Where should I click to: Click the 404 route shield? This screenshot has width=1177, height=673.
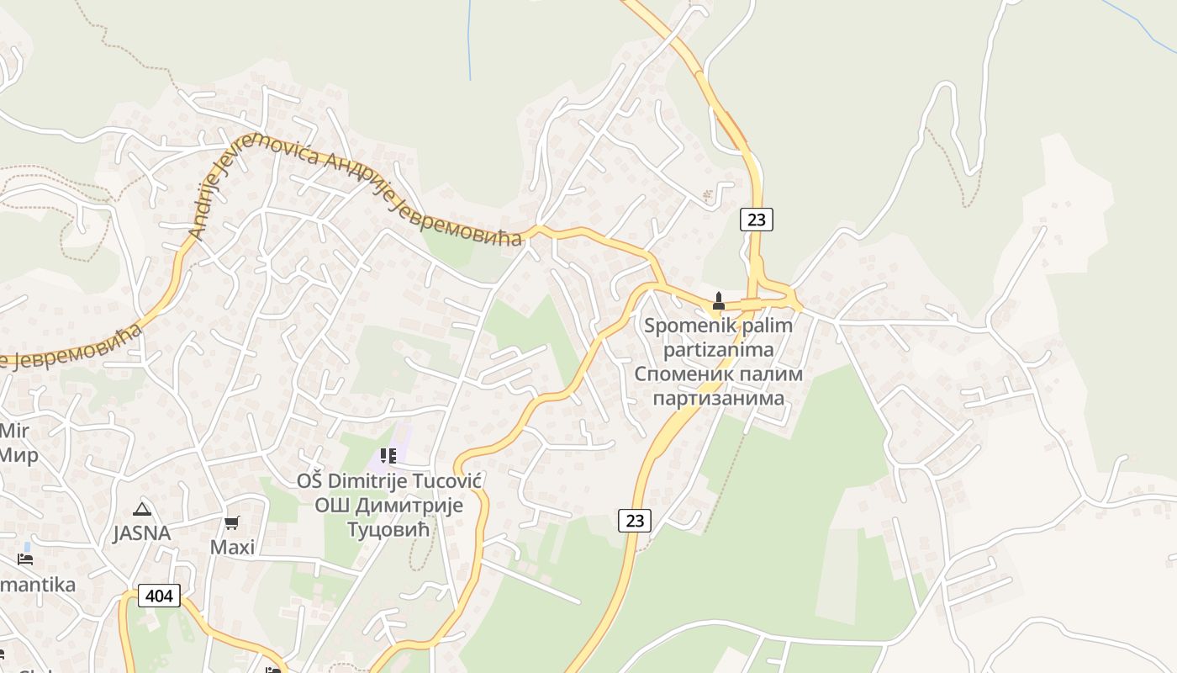tap(158, 596)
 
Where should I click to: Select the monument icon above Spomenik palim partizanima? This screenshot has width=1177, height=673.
tap(719, 300)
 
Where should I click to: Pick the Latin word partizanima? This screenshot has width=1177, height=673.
tap(718, 348)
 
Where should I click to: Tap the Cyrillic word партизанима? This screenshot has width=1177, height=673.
tap(718, 397)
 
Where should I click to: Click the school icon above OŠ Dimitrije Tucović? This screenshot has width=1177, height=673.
tap(388, 456)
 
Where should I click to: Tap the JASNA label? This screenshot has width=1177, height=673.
tap(142, 533)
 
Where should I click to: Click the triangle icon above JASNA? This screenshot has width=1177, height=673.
tap(142, 508)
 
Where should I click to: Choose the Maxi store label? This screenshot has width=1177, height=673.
tap(232, 548)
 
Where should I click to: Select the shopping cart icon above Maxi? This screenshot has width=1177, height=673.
tap(232, 522)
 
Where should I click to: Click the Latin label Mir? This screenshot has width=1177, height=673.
tap(13, 432)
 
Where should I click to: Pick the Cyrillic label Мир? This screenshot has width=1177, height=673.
tap(18, 455)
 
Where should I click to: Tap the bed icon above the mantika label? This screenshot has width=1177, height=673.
tap(25, 559)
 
